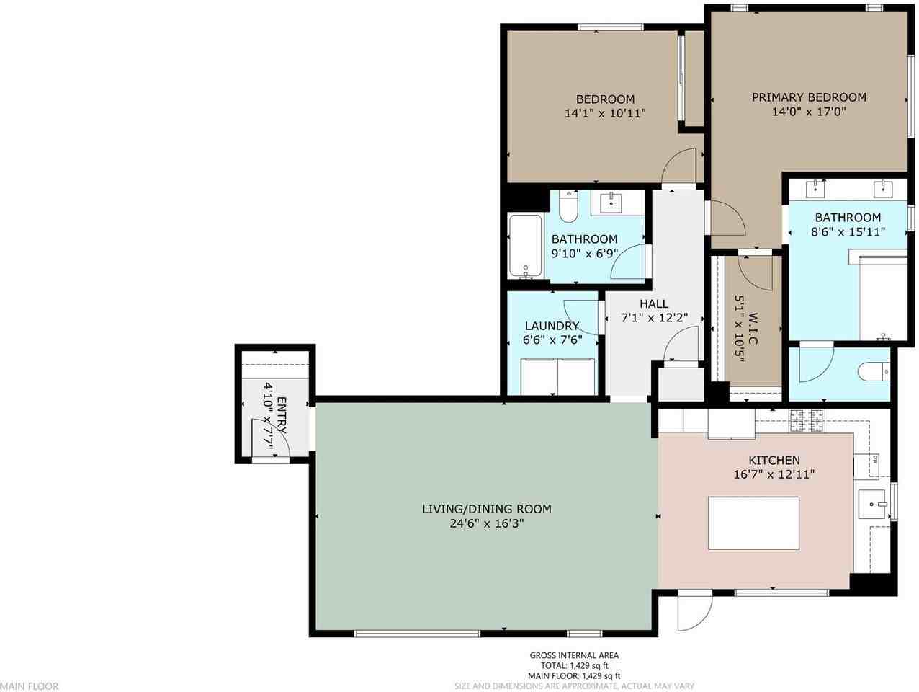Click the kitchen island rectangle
coord(753,523)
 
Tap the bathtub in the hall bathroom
coord(526,247)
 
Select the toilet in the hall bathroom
coord(568,206)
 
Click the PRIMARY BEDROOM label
coord(809,97)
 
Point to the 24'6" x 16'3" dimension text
coord(487,523)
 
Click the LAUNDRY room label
coord(552,326)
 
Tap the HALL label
coord(654,303)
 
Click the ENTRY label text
coord(282,415)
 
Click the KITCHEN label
coord(774,461)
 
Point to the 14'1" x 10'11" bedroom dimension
coord(605,113)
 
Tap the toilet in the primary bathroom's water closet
coord(874,371)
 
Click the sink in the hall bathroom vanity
coord(612,203)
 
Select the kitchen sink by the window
coord(872,505)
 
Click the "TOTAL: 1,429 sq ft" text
coord(574,665)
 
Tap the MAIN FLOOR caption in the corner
coord(29,686)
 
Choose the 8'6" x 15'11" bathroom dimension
coord(848,231)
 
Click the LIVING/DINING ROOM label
coord(486,509)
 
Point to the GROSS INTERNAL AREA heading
coord(574,655)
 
